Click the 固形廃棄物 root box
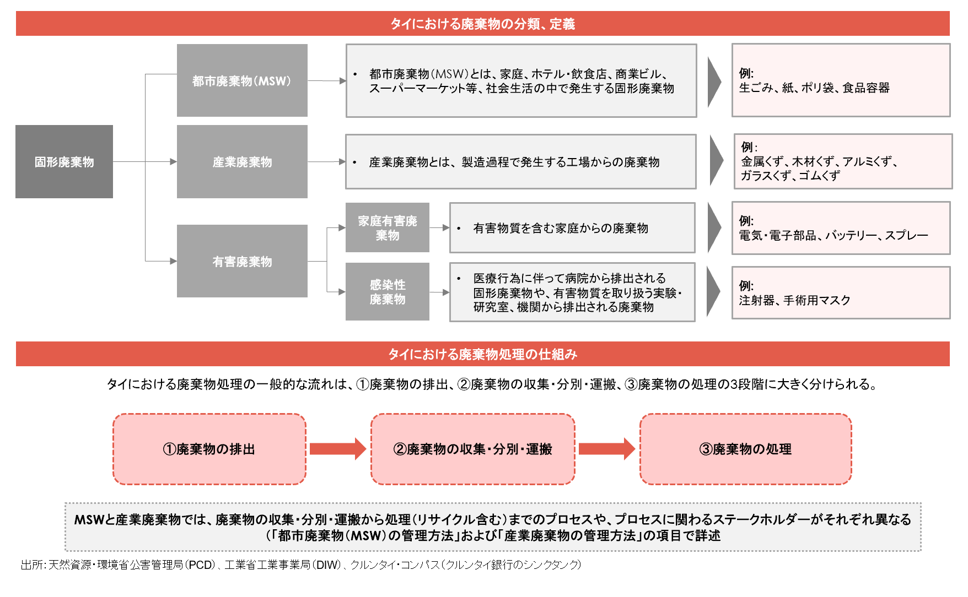pos(64,161)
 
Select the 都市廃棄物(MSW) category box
pos(242,80)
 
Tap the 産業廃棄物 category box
pos(242,161)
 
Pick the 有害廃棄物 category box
pos(242,261)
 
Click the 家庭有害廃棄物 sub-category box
pos(388,227)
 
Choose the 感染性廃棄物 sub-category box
pos(388,291)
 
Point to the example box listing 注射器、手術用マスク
pos(841,293)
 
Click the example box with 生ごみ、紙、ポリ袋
pos(841,80)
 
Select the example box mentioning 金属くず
pos(843,161)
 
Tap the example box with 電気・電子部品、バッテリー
pos(841,228)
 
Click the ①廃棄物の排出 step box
pos(209,449)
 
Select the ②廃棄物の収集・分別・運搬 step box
pos(473,449)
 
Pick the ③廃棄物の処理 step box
pos(746,449)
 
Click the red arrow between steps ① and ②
pos(338,449)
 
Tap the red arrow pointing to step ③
pos(607,449)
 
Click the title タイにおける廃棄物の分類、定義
pos(483,24)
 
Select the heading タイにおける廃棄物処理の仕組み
pos(483,354)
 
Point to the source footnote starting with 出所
pos(301,565)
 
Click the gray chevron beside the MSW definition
pos(714,81)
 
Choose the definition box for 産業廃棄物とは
pos(521,161)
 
